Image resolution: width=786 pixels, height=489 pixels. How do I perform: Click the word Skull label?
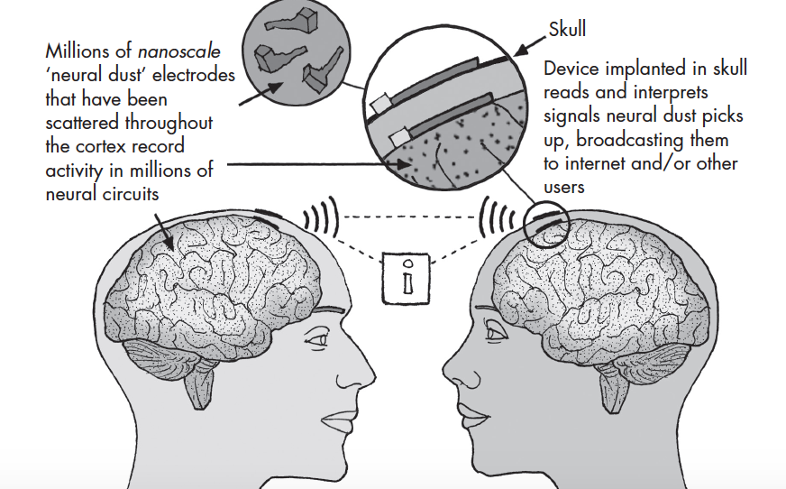pos(567,29)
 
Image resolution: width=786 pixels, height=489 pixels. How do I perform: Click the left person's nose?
pos(362,372)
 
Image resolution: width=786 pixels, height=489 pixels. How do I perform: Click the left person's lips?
pos(339,419)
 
